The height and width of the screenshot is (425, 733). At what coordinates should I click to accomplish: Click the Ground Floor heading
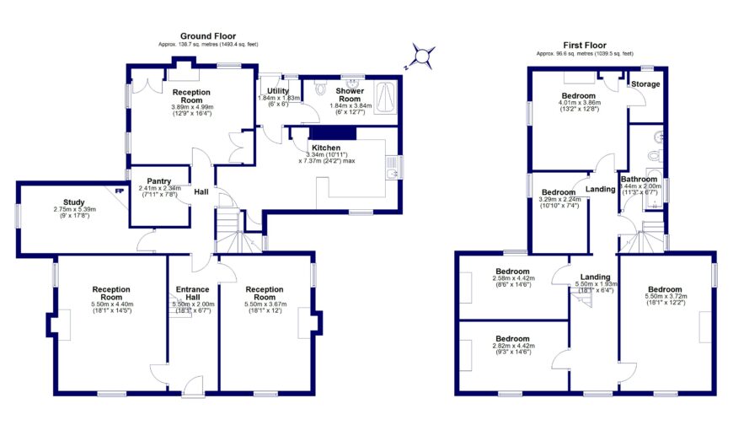(x=202, y=36)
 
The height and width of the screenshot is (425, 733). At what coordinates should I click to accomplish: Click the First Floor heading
(x=584, y=44)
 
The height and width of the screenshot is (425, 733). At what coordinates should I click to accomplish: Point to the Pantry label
(x=159, y=180)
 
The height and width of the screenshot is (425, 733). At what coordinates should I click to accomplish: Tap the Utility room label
(x=278, y=90)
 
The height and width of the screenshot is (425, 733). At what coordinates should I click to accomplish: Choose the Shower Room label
(x=349, y=94)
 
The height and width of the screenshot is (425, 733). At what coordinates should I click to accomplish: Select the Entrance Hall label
(x=193, y=293)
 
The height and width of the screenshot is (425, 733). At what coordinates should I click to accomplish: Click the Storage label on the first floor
(x=646, y=84)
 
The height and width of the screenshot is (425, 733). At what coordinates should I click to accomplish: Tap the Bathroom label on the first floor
(x=639, y=179)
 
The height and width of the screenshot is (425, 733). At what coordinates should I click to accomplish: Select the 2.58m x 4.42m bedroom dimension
(x=512, y=281)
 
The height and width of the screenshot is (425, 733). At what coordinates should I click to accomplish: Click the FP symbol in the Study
(x=118, y=189)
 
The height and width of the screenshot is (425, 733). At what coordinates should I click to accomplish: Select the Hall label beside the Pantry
(x=201, y=192)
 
